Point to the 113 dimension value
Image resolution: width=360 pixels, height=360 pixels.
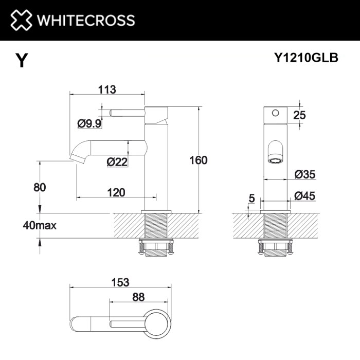(x=106, y=89)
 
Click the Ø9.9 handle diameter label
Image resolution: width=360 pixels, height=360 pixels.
(x=89, y=123)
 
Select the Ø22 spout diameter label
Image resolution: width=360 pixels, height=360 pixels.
(x=117, y=162)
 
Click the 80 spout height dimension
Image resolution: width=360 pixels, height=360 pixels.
(x=40, y=187)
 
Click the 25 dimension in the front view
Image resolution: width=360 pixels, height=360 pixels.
(x=299, y=115)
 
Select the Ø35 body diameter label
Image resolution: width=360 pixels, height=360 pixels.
(x=304, y=174)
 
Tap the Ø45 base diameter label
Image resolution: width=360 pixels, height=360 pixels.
(x=304, y=195)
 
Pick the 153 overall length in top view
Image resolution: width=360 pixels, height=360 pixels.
(x=119, y=282)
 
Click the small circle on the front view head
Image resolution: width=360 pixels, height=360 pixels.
(x=275, y=112)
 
